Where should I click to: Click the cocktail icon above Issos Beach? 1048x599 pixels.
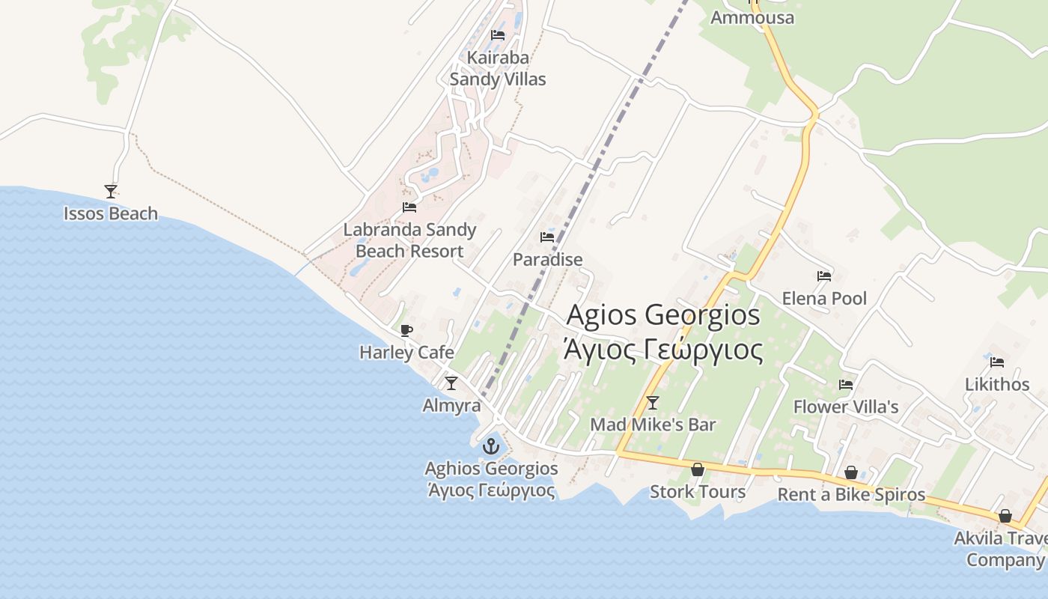111,192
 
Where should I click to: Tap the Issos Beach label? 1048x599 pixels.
111,213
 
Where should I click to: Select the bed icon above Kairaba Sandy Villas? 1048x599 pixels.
498,35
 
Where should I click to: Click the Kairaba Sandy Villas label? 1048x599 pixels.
498,68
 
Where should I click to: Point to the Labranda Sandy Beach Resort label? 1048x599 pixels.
409,240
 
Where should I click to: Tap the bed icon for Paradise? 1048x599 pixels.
547,237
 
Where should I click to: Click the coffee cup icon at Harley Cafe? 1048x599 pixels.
406,330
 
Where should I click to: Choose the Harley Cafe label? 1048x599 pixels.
406,352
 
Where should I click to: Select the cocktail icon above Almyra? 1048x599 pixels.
451,383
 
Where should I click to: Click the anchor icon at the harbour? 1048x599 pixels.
490,447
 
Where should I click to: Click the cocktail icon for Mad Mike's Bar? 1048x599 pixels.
653,403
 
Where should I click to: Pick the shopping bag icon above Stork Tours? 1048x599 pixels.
698,469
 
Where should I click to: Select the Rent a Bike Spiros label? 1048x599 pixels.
851,495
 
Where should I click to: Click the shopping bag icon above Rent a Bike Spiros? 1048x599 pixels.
851,473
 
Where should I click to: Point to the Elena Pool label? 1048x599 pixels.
824,299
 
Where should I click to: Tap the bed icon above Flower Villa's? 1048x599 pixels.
846,385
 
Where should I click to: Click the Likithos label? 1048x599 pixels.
997,384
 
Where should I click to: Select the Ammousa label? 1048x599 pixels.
752,17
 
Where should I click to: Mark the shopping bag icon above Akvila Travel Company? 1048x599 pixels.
1005,517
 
